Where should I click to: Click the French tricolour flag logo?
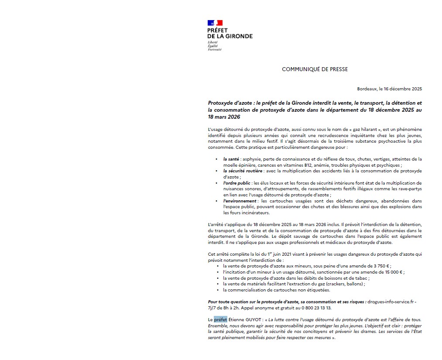coord(215,23)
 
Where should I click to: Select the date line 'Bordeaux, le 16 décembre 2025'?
coord(389,89)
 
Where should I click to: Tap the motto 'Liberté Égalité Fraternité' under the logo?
coord(214,45)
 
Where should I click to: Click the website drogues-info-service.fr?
coord(392,302)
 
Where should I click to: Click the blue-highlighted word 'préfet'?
coord(220,319)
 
